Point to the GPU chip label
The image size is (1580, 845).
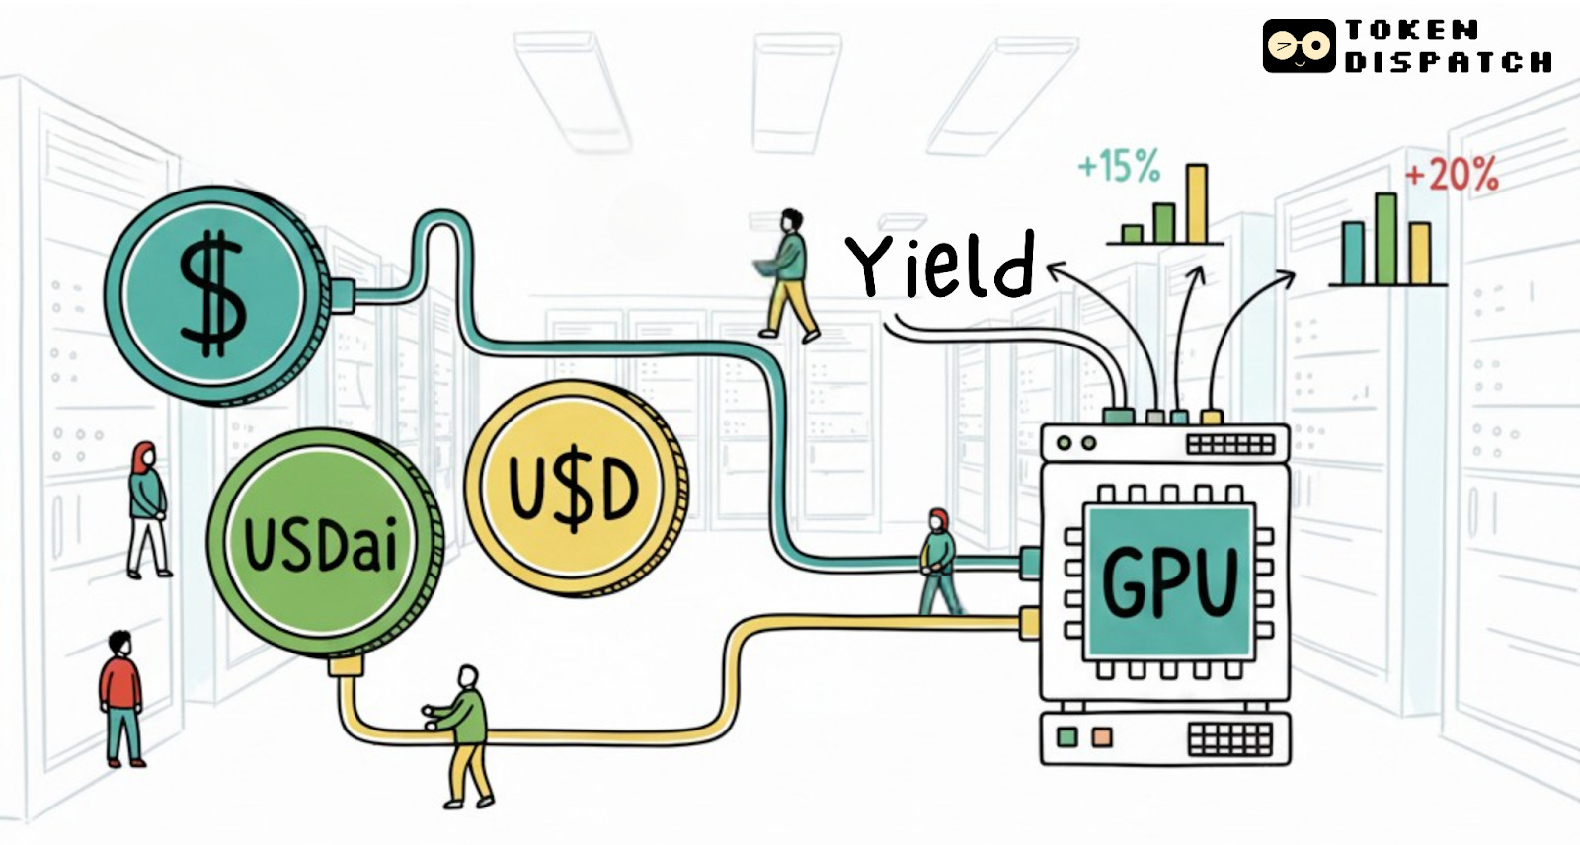click(1169, 582)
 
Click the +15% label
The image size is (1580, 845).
click(1119, 166)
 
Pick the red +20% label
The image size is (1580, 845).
click(1452, 175)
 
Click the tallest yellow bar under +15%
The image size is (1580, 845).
click(1196, 203)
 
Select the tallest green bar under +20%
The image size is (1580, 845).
click(1385, 238)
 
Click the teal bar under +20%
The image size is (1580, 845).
click(1353, 253)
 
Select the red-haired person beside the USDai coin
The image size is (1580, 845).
click(147, 507)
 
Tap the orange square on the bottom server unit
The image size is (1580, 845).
click(1101, 737)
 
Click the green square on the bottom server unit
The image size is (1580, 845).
click(1066, 737)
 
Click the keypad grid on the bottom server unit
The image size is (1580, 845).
click(1229, 737)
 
